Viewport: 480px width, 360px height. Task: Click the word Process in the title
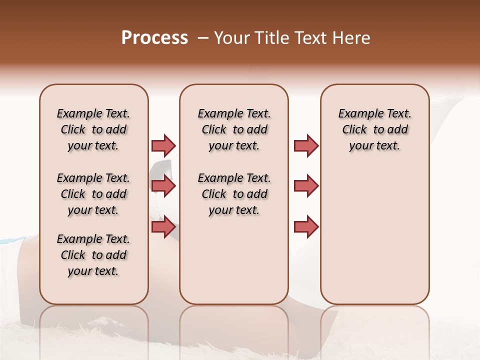154,38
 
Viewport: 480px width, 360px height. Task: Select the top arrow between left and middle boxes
163,145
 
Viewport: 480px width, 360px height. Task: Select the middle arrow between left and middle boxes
163,186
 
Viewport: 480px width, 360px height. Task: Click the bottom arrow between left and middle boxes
163,227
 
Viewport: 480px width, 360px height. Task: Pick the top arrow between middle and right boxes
306,145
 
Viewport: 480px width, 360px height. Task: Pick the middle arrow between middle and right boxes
306,186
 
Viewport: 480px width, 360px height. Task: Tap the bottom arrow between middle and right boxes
306,227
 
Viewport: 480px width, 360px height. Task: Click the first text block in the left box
93,129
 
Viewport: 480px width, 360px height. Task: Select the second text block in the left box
93,194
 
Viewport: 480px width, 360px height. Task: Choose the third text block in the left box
93,255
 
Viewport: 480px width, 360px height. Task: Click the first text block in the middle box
234,129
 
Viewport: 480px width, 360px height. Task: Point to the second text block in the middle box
234,194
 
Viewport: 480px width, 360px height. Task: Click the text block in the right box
374,129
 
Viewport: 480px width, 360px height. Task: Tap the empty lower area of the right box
374,240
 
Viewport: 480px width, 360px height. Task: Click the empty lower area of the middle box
234,260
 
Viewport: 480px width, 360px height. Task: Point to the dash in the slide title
202,38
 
